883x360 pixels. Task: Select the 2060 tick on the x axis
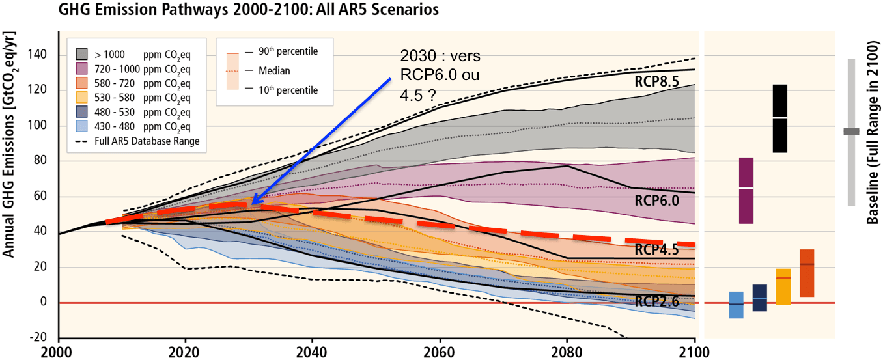(440, 352)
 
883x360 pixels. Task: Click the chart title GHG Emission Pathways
(248, 10)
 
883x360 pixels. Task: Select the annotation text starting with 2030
(440, 75)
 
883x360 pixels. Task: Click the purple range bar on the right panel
(746, 190)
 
